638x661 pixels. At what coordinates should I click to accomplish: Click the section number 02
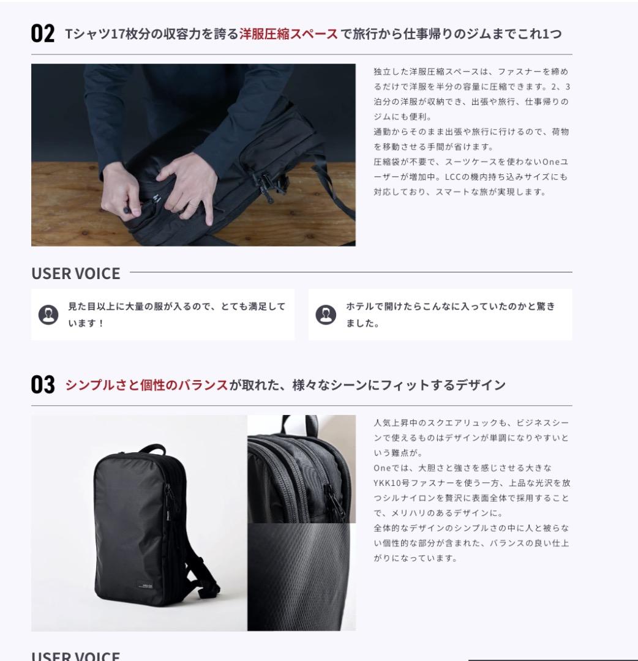coord(43,34)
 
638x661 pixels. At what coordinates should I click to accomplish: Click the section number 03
coord(43,386)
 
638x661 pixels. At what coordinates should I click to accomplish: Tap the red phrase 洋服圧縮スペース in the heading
coord(288,34)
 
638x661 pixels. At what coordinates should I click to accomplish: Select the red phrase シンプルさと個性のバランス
coord(146,385)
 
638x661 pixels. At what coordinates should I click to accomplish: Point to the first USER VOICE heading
coord(76,274)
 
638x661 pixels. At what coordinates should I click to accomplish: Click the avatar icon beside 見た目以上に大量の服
coord(48,315)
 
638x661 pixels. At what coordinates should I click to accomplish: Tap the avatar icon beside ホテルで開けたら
coord(326,315)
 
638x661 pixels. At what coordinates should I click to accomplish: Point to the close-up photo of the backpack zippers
coord(301,468)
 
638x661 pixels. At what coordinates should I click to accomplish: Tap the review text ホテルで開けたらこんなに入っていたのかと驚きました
coord(450,315)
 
